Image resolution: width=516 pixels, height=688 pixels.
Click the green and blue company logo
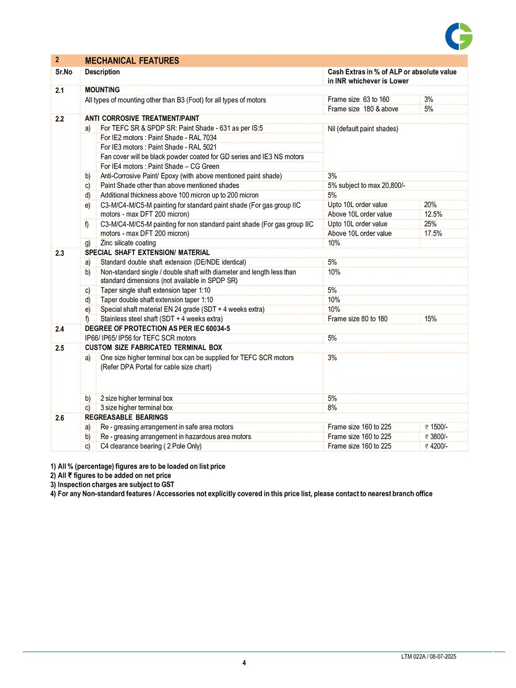coord(459,36)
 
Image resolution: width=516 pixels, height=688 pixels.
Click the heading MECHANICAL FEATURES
coord(132,61)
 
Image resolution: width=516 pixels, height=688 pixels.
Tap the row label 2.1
coord(60,91)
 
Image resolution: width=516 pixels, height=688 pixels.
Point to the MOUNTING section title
coord(102,90)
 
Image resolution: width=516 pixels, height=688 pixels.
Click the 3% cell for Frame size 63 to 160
coord(428,100)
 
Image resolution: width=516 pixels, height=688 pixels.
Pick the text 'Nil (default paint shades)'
coord(362,129)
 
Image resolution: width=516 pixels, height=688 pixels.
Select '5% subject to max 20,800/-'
coord(366,185)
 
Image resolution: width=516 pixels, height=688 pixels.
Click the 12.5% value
coord(433,214)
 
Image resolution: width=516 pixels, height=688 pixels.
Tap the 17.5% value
coord(433,233)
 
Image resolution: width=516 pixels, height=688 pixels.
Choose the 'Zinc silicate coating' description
coord(128,243)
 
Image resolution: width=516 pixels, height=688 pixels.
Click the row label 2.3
coord(60,253)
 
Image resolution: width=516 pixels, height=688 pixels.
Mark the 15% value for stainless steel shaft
coord(430,319)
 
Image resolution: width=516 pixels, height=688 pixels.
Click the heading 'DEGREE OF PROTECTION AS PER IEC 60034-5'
coord(158,329)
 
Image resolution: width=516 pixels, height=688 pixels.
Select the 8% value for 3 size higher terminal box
coord(332,408)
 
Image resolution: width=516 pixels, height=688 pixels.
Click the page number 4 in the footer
coord(244,663)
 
